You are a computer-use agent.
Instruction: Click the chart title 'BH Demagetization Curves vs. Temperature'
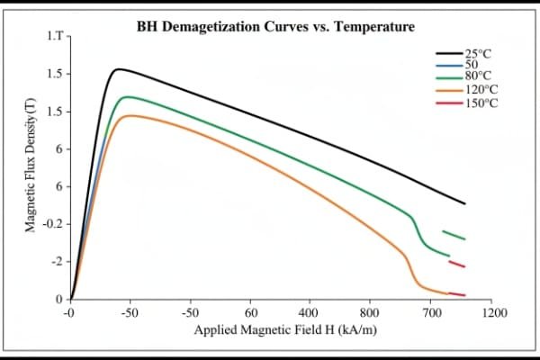click(x=275, y=27)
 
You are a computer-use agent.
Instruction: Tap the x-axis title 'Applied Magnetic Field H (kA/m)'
click(x=284, y=329)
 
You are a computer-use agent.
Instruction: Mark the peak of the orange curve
click(x=131, y=115)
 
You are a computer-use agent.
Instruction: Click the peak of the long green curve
click(x=127, y=96)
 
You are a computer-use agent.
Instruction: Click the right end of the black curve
click(x=464, y=204)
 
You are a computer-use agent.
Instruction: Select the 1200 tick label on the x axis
click(x=493, y=313)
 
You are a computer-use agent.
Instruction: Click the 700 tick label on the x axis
click(x=434, y=313)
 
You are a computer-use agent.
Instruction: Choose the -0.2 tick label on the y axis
click(x=52, y=223)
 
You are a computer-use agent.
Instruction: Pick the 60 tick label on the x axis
click(x=250, y=313)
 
